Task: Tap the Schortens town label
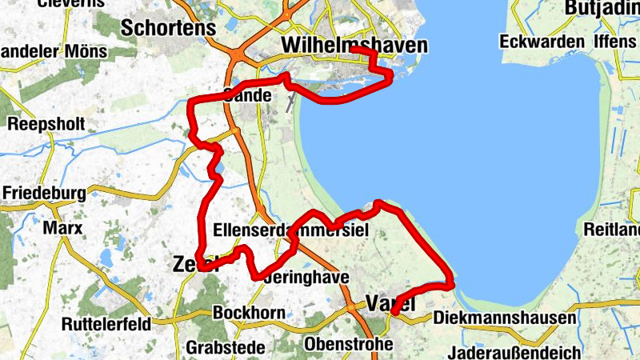(169, 28)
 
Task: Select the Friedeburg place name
(44, 194)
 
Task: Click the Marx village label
(63, 228)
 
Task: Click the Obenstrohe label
(349, 344)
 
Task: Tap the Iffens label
(617, 41)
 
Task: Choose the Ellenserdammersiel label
(290, 231)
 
